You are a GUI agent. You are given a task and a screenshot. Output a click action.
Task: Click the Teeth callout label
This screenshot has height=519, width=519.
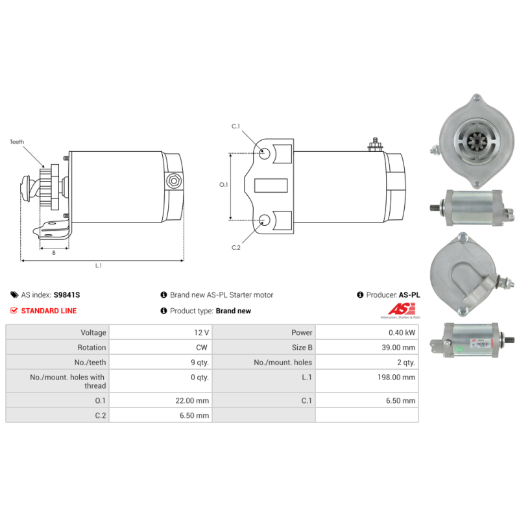click(x=17, y=141)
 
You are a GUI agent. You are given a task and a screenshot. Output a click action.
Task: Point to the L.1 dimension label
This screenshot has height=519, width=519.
click(x=99, y=265)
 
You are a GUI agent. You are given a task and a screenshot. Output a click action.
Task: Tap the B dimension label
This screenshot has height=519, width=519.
click(x=54, y=253)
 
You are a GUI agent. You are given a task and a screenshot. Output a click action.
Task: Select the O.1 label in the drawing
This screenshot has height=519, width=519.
click(x=224, y=185)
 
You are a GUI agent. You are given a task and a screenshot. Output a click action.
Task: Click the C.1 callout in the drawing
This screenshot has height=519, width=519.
click(x=236, y=126)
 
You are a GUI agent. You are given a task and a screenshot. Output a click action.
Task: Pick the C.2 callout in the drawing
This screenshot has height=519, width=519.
click(x=236, y=247)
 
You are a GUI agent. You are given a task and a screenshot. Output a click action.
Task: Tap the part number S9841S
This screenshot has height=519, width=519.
click(x=67, y=295)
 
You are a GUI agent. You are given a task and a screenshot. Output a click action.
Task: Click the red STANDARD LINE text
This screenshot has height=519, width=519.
click(x=49, y=311)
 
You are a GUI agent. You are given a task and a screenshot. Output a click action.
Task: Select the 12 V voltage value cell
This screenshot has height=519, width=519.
click(x=201, y=332)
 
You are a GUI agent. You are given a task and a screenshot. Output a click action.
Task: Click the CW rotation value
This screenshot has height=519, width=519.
click(x=202, y=347)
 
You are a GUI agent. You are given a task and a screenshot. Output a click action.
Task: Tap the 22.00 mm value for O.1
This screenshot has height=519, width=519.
click(x=193, y=400)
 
